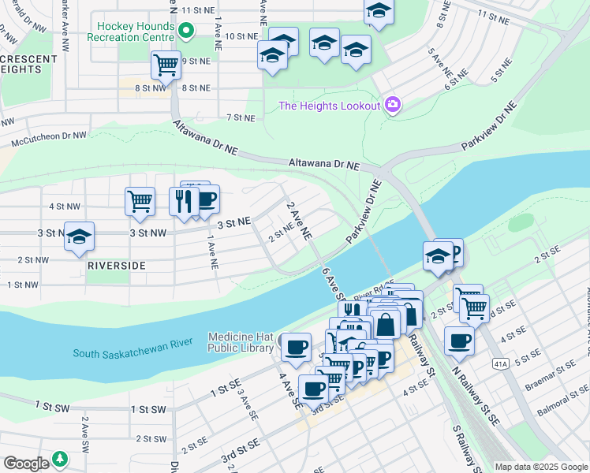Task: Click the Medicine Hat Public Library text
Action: point(240,343)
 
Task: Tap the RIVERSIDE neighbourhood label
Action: point(117,266)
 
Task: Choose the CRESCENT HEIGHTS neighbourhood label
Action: point(28,64)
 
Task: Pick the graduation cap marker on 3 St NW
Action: point(79,238)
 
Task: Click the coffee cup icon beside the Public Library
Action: point(297,347)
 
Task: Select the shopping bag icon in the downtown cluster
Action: point(386,324)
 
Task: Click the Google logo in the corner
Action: point(26,463)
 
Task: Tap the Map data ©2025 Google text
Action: point(541,467)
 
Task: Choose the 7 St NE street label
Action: point(241,117)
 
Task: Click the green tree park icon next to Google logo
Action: point(60,459)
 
